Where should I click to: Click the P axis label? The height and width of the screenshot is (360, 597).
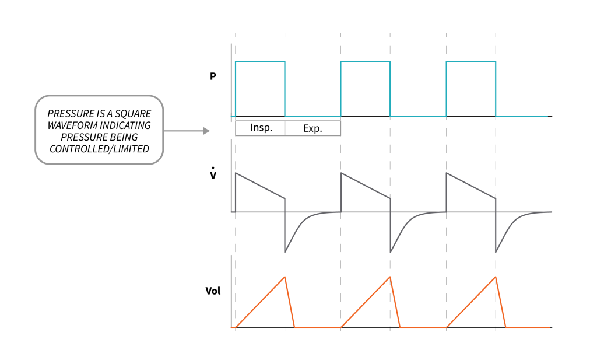[x=213, y=76]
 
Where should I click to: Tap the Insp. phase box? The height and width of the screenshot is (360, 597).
[x=260, y=128]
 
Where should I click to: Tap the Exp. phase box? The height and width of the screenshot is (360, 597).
[x=312, y=128]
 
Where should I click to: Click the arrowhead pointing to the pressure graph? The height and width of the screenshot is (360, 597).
[x=206, y=131]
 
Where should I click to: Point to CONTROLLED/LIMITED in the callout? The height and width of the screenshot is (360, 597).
[x=100, y=149]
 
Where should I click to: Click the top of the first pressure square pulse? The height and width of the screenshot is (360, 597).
[x=260, y=61]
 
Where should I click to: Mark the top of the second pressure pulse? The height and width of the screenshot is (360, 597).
[x=366, y=61]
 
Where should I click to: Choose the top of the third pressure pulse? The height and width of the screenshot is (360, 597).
[x=471, y=61]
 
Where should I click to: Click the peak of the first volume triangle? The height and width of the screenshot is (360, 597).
[x=285, y=277]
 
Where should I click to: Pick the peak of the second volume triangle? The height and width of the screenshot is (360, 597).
[x=390, y=277]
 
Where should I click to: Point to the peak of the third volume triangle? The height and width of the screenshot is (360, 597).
[x=496, y=277]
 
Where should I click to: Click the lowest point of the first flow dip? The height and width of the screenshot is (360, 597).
[x=285, y=252]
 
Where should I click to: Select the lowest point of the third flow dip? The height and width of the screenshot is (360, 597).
[x=496, y=252]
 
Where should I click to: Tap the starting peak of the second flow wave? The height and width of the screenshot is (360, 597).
[x=341, y=173]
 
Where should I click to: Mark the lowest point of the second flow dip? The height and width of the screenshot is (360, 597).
[x=391, y=252]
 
